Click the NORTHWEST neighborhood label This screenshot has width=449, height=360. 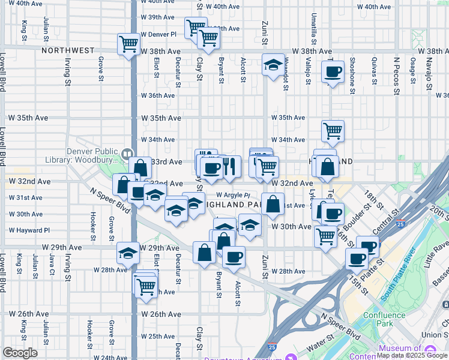[68, 51]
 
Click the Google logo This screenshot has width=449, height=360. [20, 353]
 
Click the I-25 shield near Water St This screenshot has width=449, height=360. [272, 347]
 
